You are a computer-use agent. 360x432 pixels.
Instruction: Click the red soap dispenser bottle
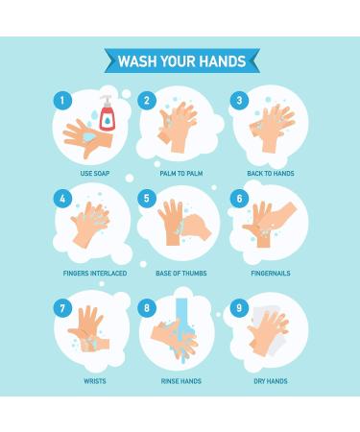(x=107, y=117)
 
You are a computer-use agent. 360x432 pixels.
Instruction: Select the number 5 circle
(x=147, y=198)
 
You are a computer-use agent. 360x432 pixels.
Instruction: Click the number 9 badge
(x=239, y=309)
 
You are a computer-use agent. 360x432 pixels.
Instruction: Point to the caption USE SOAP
(x=93, y=174)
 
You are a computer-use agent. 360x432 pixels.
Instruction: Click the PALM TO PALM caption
(x=179, y=174)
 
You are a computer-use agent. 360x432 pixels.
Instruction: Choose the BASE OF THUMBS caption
(x=180, y=273)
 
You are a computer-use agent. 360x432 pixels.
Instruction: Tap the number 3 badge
(x=239, y=100)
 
